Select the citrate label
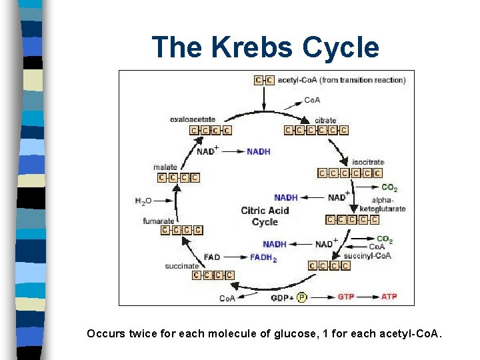pyautogui.click(x=325, y=121)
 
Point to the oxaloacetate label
pyautogui.click(x=192, y=119)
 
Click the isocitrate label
pyautogui.click(x=368, y=162)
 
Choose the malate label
pyautogui.click(x=165, y=167)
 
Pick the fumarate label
pyautogui.click(x=158, y=221)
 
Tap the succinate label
pyautogui.click(x=182, y=266)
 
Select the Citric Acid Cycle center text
pyautogui.click(x=265, y=217)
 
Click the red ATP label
pyautogui.click(x=389, y=296)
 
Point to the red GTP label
pyautogui.click(x=346, y=296)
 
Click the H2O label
pyautogui.click(x=144, y=200)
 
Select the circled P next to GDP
pyautogui.click(x=302, y=297)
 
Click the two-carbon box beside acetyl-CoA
pyautogui.click(x=264, y=81)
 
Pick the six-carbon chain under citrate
pyautogui.click(x=316, y=131)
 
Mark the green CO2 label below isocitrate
pyautogui.click(x=389, y=189)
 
